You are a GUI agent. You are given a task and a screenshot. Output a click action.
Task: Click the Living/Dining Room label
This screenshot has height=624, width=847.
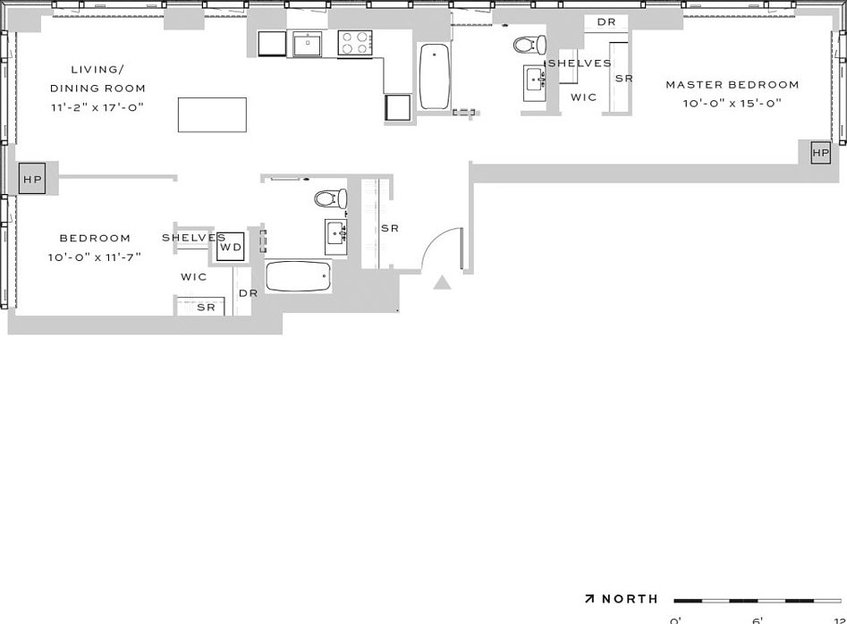[97, 79]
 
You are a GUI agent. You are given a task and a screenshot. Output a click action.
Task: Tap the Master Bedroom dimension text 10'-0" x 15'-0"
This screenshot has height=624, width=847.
[732, 103]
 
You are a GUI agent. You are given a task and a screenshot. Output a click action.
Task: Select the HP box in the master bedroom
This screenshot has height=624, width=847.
[820, 153]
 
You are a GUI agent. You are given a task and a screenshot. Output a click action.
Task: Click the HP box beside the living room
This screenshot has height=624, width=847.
[32, 179]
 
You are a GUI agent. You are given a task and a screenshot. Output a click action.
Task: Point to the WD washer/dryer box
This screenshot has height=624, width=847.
[231, 247]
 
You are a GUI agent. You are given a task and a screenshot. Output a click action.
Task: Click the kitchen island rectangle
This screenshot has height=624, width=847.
[212, 114]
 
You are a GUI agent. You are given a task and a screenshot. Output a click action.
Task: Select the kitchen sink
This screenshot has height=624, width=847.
[307, 44]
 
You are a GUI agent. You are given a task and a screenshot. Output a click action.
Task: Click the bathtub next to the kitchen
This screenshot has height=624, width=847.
[435, 77]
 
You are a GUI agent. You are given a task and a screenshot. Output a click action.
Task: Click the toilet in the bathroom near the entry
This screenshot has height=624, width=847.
[328, 198]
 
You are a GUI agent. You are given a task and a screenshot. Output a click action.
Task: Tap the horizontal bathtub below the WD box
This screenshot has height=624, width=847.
[298, 276]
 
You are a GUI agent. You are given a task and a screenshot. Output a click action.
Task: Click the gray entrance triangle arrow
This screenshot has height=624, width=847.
[442, 283]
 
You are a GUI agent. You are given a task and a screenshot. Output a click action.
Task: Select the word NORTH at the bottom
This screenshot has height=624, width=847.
[630, 599]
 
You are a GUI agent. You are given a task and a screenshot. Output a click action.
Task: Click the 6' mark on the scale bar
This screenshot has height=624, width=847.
[757, 620]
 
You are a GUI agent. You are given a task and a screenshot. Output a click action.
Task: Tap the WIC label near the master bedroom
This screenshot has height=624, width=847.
[584, 97]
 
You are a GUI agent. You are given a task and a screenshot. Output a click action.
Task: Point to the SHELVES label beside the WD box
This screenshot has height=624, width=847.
[193, 238]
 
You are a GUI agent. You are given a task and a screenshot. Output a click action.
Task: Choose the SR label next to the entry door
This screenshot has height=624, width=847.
[390, 229]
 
